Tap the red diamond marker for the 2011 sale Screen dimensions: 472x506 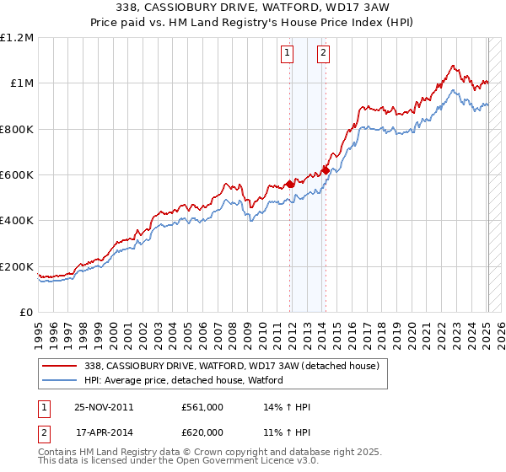290,184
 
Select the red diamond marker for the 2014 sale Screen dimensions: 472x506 326,170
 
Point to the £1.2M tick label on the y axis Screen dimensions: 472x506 18,38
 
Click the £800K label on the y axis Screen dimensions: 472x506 18,130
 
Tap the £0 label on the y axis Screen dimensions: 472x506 27,313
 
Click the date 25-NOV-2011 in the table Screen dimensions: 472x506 104,407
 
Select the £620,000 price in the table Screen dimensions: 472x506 202,432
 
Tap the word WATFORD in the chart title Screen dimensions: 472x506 292,6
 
